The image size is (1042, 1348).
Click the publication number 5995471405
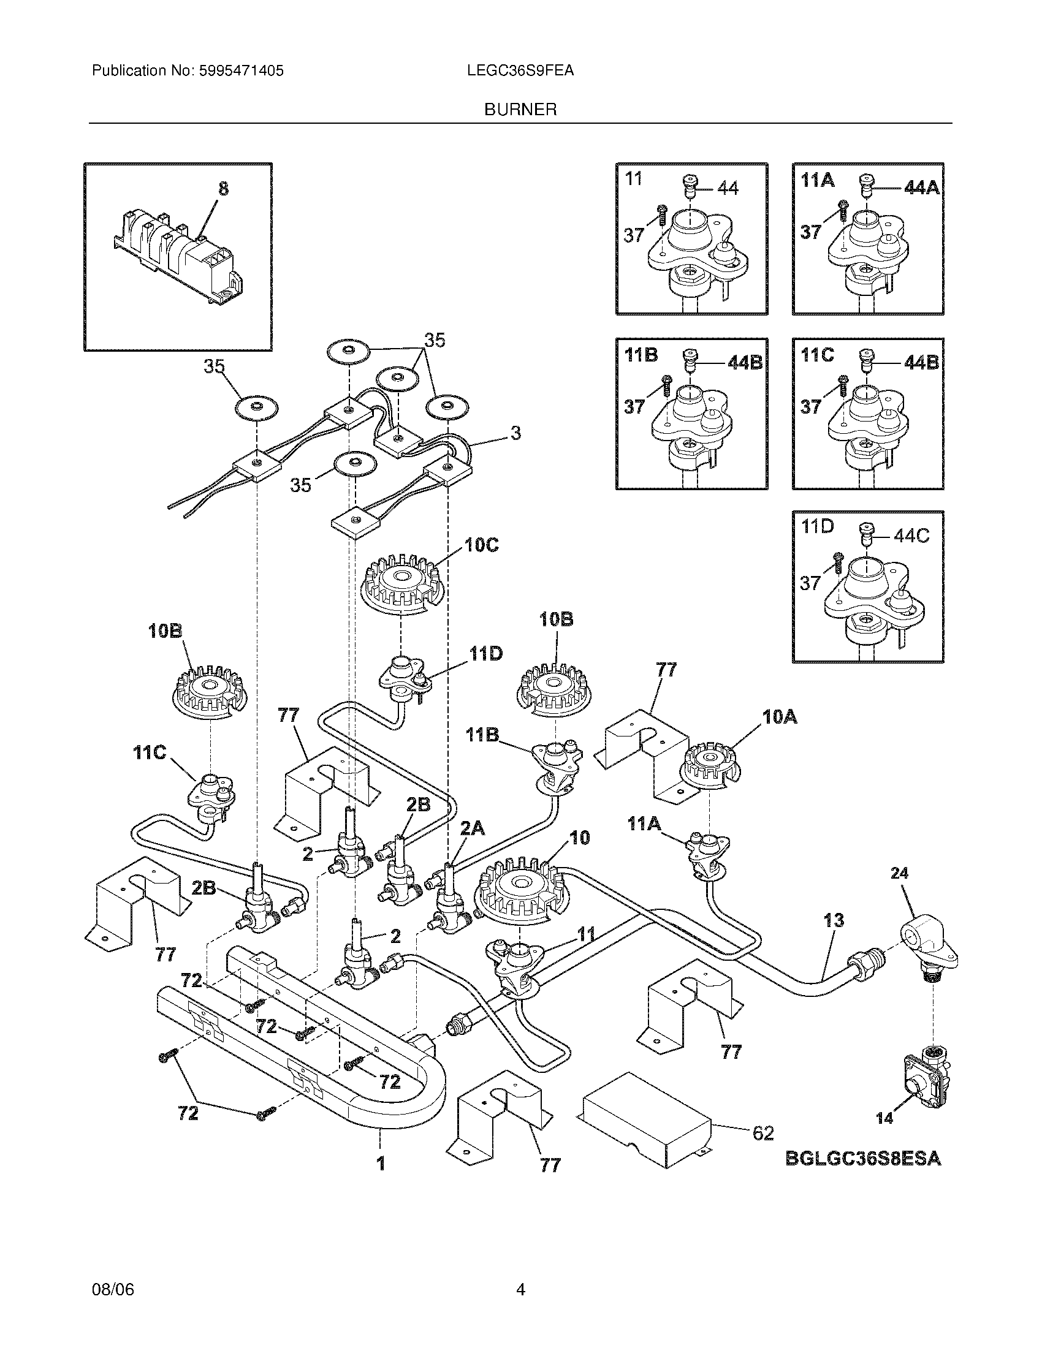(x=241, y=71)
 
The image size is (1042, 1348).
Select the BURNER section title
(x=520, y=110)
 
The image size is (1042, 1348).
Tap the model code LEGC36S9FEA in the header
(x=520, y=71)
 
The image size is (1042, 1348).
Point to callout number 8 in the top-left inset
(x=223, y=188)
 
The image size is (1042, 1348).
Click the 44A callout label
(x=921, y=188)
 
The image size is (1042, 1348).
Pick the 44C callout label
(x=911, y=536)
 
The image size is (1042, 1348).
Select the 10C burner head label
(x=482, y=545)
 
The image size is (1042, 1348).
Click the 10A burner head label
(x=780, y=717)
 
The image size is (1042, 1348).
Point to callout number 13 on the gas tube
(x=834, y=937)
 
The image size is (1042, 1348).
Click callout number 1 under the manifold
(x=381, y=1164)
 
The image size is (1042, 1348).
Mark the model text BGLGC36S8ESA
(x=864, y=1159)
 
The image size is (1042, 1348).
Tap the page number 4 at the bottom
(x=520, y=1289)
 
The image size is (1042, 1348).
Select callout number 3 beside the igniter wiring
(x=515, y=433)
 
